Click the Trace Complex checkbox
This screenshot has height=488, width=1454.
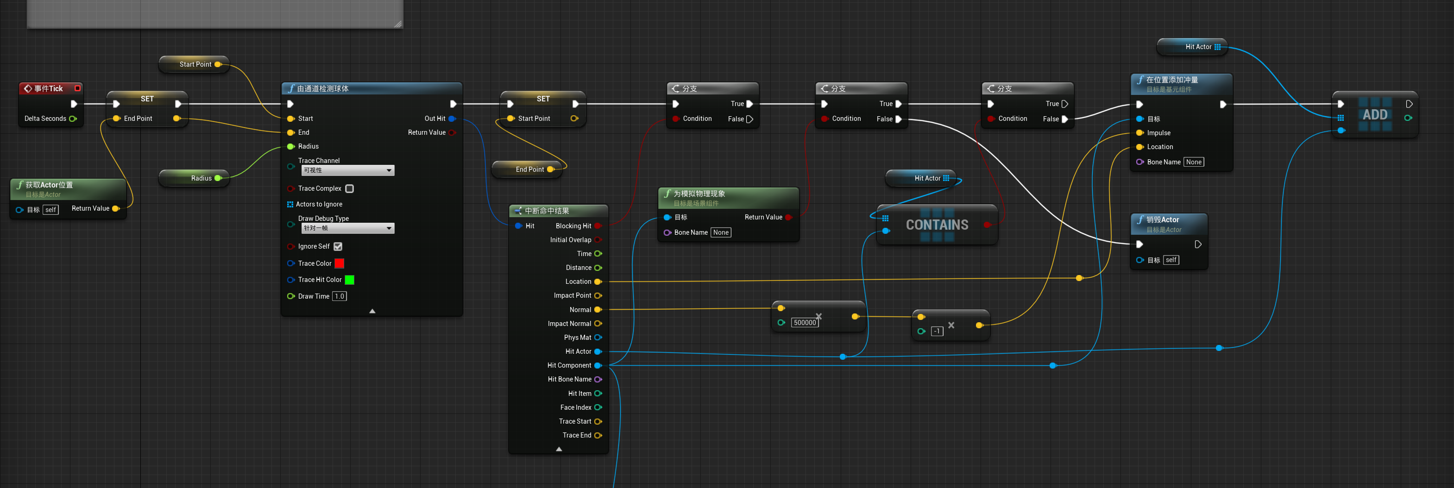point(349,188)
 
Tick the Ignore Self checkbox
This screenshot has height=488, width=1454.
point(338,246)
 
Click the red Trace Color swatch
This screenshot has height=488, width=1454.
point(339,263)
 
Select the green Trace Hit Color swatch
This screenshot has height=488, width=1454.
point(349,280)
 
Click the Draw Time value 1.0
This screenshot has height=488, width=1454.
point(339,296)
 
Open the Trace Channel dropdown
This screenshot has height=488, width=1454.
point(347,170)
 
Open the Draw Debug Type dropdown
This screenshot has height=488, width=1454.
point(347,228)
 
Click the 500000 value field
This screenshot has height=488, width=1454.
point(804,323)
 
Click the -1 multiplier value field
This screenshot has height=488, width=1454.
point(937,331)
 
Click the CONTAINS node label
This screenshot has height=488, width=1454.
point(937,225)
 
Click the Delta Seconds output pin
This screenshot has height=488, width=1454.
point(73,119)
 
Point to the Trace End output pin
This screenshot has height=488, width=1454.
point(598,436)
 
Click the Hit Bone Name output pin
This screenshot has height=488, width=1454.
point(598,380)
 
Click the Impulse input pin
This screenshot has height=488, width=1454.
point(1139,133)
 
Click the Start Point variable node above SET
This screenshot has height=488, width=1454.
point(194,64)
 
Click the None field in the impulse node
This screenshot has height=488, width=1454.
point(1193,163)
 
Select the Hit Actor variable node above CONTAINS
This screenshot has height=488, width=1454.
point(921,178)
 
